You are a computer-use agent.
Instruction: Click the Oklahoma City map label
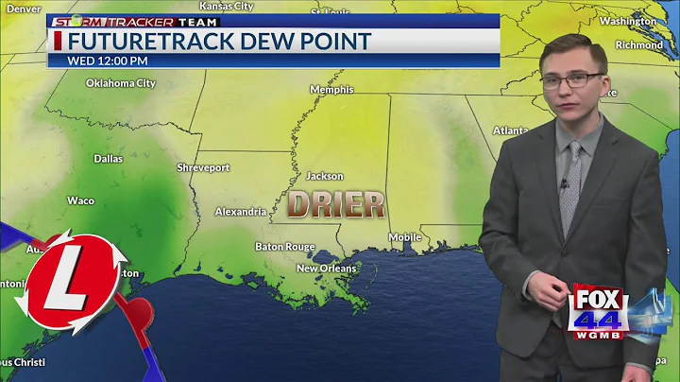(x=120, y=83)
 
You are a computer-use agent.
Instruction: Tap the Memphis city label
(x=331, y=90)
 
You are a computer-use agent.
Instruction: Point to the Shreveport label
(x=203, y=167)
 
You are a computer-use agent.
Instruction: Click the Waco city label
(x=80, y=200)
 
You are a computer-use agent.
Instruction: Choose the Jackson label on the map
(x=324, y=176)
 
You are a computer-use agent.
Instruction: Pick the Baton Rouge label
(x=284, y=247)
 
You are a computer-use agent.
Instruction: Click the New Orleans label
(x=327, y=269)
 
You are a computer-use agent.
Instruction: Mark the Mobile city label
(x=404, y=237)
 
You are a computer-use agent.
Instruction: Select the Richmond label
(x=639, y=44)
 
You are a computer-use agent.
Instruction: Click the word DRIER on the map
(x=336, y=204)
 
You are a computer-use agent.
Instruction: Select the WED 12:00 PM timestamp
(x=108, y=61)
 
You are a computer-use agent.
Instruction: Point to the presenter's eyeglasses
(x=572, y=80)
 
